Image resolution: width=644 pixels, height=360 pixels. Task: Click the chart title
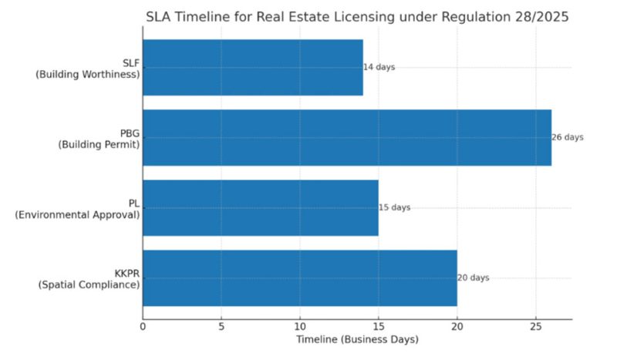[x=357, y=17]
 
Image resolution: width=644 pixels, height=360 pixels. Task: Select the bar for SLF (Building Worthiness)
[x=252, y=68]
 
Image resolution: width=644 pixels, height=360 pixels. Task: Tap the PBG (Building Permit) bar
[x=347, y=137]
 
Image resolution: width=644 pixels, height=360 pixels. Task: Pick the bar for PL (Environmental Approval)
[x=260, y=207]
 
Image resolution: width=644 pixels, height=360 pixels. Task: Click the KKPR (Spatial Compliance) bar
[x=299, y=278]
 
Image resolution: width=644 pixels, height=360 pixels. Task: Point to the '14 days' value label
[x=379, y=68]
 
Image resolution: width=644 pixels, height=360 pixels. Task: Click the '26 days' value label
[x=568, y=138]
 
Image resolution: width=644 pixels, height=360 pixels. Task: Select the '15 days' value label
[x=395, y=208]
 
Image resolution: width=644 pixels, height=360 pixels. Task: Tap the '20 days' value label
[x=474, y=278]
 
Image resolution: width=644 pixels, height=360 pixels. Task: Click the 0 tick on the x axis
[x=143, y=328]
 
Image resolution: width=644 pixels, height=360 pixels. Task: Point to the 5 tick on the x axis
[x=221, y=328]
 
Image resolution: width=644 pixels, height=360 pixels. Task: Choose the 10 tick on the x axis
[x=300, y=328]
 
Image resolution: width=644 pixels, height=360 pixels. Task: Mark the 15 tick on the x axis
[x=378, y=328]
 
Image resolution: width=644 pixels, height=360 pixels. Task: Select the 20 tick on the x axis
[x=457, y=328]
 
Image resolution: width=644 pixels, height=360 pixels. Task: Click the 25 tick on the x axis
[x=535, y=328]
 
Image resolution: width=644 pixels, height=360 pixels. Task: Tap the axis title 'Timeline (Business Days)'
[x=356, y=340]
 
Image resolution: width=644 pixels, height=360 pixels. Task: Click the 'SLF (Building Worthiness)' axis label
[x=98, y=68]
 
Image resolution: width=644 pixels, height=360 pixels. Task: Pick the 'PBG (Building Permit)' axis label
[x=98, y=138]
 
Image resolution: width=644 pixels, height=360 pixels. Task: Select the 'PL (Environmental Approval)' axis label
[x=77, y=208]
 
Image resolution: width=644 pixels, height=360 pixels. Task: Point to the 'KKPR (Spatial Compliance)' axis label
[x=89, y=278]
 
